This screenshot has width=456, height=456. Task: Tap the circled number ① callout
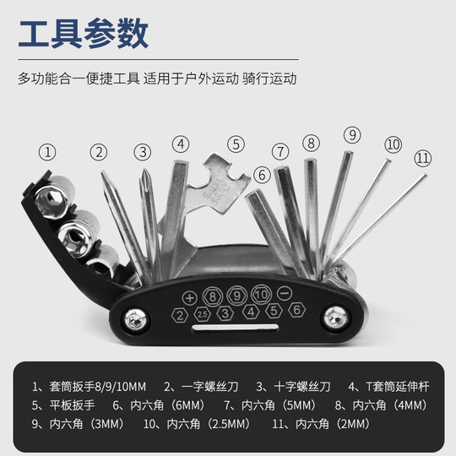(x=49, y=152)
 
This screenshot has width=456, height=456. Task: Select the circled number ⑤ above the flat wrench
(x=236, y=144)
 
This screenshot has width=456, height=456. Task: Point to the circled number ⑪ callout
(x=422, y=157)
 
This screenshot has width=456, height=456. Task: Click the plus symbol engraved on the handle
(x=189, y=297)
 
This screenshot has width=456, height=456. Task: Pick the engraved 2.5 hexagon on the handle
(x=202, y=313)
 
